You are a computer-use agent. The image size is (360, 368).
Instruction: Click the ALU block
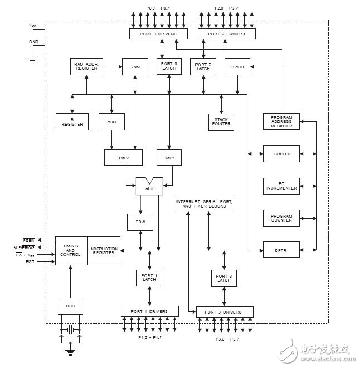[149, 186]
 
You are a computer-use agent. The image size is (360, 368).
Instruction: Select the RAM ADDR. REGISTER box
[86, 67]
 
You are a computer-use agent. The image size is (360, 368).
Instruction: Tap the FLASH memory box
[238, 67]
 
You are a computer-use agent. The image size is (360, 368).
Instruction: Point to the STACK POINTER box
[221, 122]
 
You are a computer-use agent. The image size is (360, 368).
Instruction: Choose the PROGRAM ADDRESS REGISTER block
[281, 121]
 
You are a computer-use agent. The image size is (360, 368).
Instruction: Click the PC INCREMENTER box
[281, 186]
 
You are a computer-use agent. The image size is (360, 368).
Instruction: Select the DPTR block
[281, 250]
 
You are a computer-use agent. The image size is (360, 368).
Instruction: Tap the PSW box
[140, 222]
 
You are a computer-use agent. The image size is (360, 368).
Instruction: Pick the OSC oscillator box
[70, 306]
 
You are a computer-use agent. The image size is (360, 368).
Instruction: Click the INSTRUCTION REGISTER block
[104, 251]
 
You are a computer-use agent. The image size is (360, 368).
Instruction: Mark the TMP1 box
[169, 158]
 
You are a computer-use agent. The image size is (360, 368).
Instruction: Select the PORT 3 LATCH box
[224, 278]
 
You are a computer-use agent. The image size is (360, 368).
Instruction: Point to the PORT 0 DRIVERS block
[158, 34]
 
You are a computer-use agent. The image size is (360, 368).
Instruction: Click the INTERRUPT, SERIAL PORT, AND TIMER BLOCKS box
[204, 203]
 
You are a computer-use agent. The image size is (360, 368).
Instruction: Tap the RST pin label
[30, 261]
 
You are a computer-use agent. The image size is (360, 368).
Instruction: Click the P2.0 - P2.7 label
[226, 8]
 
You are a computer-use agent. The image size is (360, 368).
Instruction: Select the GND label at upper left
[34, 42]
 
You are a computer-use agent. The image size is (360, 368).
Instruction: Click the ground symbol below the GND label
[33, 61]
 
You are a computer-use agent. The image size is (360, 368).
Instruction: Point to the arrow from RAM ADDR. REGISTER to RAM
[113, 67]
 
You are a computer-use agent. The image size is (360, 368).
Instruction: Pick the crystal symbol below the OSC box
[70, 330]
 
